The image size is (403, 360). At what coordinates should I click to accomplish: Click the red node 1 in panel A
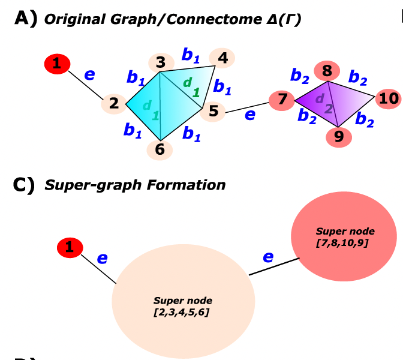pos(57,63)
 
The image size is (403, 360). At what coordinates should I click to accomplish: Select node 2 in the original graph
pos(114,103)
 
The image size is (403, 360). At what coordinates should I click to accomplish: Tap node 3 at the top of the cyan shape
pos(160,62)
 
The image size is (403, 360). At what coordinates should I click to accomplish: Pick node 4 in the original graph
pos(222,58)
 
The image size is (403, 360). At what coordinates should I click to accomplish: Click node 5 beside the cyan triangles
pos(213,111)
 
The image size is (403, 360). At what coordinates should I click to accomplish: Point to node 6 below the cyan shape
pos(160,149)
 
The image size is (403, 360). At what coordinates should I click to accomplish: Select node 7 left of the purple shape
pos(281,98)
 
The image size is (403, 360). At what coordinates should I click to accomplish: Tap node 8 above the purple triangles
pos(327,71)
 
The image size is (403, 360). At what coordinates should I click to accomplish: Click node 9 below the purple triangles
pos(339,137)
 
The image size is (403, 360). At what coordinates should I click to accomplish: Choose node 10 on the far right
pos(389,98)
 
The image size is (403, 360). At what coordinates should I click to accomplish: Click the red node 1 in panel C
pos(70,247)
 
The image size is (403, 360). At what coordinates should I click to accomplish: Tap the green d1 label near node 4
pos(190,86)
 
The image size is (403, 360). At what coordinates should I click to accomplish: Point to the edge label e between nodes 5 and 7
pos(249,113)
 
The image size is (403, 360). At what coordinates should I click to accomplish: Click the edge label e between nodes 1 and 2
pos(89,74)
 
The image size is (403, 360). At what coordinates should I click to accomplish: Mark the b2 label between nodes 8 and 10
pos(359,77)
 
